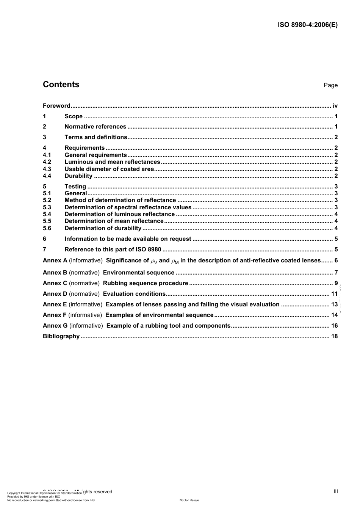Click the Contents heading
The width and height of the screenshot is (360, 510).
point(61,85)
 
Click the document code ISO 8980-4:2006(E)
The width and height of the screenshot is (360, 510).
point(307,25)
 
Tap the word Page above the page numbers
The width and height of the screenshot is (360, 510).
point(330,85)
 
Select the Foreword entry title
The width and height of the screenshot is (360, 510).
point(56,106)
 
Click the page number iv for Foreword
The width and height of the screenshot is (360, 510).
point(335,106)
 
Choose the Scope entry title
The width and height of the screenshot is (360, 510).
point(74,116)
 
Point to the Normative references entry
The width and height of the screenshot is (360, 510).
point(95,127)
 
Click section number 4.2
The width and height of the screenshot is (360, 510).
point(47,162)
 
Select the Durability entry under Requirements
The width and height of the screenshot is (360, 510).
point(78,176)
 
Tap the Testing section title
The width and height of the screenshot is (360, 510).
point(75,187)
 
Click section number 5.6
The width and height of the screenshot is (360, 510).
point(47,228)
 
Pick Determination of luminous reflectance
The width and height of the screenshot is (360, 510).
point(119,214)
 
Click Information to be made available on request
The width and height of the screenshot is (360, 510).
point(128,239)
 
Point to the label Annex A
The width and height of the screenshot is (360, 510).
point(55,260)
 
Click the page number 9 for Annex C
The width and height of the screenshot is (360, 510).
point(336,283)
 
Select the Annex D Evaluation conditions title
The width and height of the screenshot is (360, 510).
point(134,294)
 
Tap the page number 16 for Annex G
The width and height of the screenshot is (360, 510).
point(334,326)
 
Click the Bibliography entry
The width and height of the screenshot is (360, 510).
point(61,336)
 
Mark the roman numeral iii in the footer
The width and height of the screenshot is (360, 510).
point(336,491)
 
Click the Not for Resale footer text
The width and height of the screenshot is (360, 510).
point(189,500)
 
